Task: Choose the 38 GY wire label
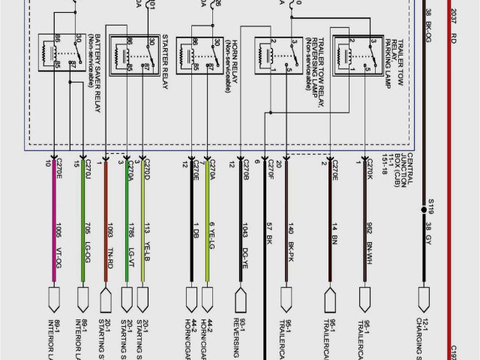tap(429, 230)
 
